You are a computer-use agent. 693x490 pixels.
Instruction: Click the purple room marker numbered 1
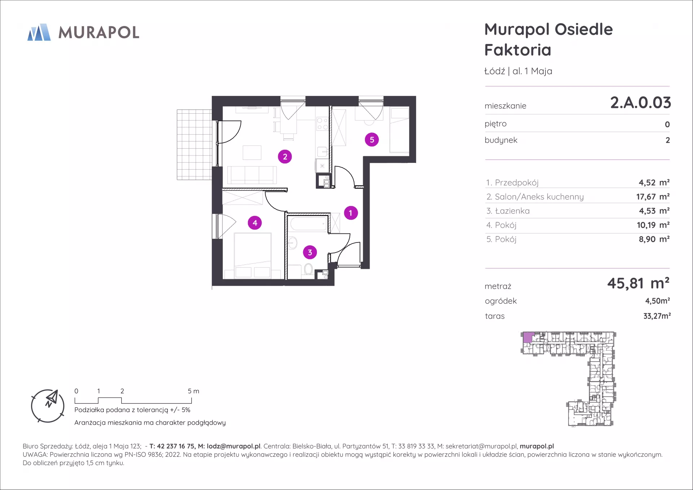tap(350, 213)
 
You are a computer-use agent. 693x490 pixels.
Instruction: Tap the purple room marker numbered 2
tap(285, 157)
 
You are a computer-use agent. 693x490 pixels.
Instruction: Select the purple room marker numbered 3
tap(310, 252)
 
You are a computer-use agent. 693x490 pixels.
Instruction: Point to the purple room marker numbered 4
tap(255, 223)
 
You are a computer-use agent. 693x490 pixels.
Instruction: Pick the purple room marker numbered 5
tap(372, 140)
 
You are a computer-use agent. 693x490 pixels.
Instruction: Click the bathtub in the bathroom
tap(309, 224)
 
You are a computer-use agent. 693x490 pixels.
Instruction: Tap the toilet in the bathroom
tap(308, 269)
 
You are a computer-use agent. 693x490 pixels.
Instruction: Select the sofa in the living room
tap(252, 175)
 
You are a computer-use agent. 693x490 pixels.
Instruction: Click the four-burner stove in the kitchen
tap(322, 124)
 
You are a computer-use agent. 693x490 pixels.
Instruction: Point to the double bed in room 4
tap(253, 255)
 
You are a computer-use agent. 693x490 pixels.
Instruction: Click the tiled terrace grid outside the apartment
tap(194, 144)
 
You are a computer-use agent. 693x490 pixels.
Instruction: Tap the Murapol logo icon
tap(39, 32)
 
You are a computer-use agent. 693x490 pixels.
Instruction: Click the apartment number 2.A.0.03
tap(640, 103)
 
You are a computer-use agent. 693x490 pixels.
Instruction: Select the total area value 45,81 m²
tap(638, 283)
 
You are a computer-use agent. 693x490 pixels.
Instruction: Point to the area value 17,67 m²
tap(653, 197)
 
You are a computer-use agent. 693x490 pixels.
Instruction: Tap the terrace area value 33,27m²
tap(657, 316)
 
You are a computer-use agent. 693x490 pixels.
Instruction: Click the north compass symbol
tap(48, 406)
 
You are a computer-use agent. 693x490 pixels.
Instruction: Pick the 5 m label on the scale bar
tap(193, 391)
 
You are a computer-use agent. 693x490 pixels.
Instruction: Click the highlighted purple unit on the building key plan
tap(528, 337)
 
